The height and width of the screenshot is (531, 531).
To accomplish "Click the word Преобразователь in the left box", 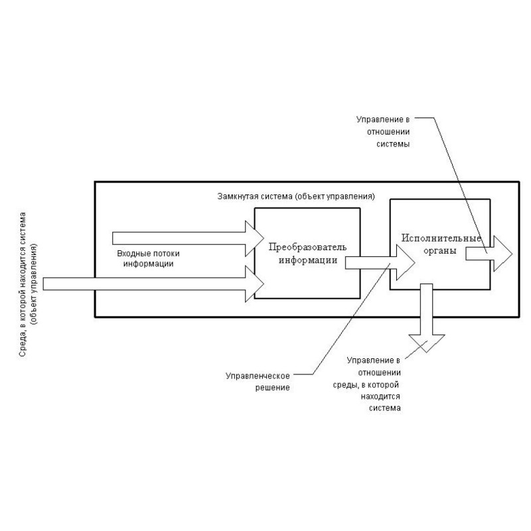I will pyautogui.click(x=308, y=247).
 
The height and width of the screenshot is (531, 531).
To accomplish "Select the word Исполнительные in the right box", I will pyautogui.click(x=440, y=238).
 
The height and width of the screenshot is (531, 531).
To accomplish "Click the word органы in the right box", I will pyautogui.click(x=440, y=250).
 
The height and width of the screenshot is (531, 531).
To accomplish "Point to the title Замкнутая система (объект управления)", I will pyautogui.click(x=297, y=197).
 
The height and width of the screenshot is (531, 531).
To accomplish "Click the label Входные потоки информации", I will pyautogui.click(x=149, y=259).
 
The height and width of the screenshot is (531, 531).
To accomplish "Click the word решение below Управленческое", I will pyautogui.click(x=276, y=387).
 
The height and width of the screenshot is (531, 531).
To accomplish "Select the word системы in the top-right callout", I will pyautogui.click(x=392, y=143).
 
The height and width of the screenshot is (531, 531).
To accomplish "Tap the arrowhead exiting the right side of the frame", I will pyautogui.click(x=502, y=253).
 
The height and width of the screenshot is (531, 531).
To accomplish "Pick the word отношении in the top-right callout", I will pyautogui.click(x=385, y=131).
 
